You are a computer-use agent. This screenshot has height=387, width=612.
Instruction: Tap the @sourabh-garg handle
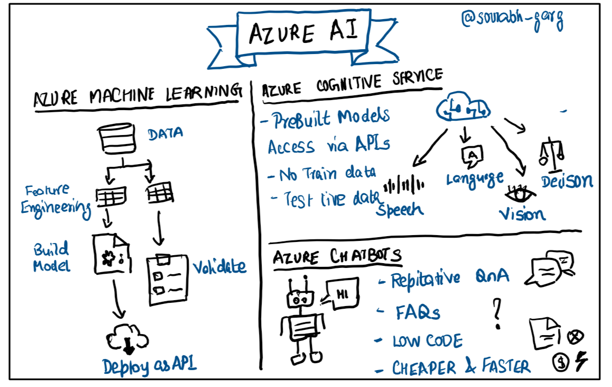point(512,20)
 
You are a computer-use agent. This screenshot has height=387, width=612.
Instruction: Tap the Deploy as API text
point(150,366)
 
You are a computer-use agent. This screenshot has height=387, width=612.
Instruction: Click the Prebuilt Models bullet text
point(331,118)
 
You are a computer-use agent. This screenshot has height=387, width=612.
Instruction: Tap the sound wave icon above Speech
point(405,185)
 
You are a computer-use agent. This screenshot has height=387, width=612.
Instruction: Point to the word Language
point(475,178)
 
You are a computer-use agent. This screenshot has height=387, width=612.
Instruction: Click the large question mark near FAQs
point(496,312)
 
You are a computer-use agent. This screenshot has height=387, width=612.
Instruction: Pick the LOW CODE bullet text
point(427,341)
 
